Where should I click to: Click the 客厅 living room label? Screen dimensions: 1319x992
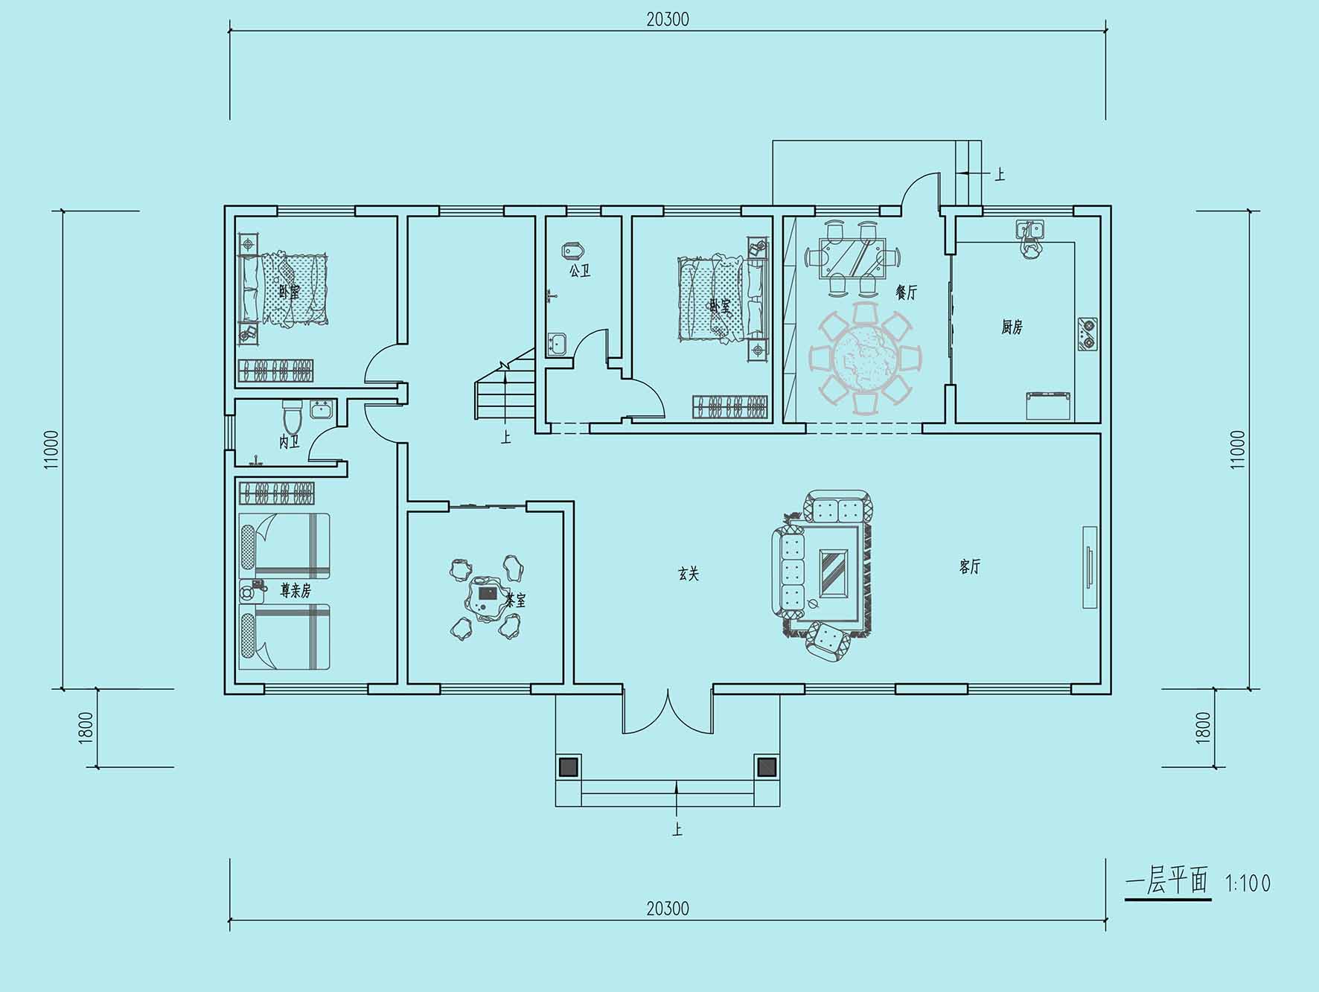pyautogui.click(x=969, y=567)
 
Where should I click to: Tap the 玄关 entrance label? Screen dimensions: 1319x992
pyautogui.click(x=689, y=574)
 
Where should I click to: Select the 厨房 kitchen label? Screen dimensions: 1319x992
pyautogui.click(x=1012, y=327)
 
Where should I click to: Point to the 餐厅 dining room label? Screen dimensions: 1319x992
pyautogui.click(x=907, y=292)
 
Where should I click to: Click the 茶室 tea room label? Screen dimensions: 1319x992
pyautogui.click(x=515, y=601)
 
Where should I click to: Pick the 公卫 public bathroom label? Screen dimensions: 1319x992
pyautogui.click(x=580, y=271)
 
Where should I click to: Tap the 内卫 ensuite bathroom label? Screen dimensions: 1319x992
pyautogui.click(x=290, y=443)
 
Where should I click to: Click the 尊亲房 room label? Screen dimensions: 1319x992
pyautogui.click(x=296, y=591)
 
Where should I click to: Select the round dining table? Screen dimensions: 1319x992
pyautogui.click(x=866, y=358)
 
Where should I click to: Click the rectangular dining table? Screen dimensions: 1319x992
pyautogui.click(x=853, y=257)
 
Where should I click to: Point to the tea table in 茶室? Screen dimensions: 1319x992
pyautogui.click(x=488, y=598)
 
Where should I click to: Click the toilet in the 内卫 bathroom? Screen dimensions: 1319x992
pyautogui.click(x=292, y=417)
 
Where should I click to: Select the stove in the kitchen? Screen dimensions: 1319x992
pyautogui.click(x=1087, y=334)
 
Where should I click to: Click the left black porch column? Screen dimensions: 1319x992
pyautogui.click(x=568, y=767)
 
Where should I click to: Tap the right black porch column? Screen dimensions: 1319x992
pyautogui.click(x=766, y=767)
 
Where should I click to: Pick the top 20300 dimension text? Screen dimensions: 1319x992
pyautogui.click(x=668, y=19)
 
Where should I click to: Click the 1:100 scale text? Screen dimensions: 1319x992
pyautogui.click(x=1248, y=883)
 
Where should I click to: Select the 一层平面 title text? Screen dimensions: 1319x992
pyautogui.click(x=1166, y=882)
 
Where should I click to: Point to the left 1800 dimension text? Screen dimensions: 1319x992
pyautogui.click(x=86, y=727)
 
